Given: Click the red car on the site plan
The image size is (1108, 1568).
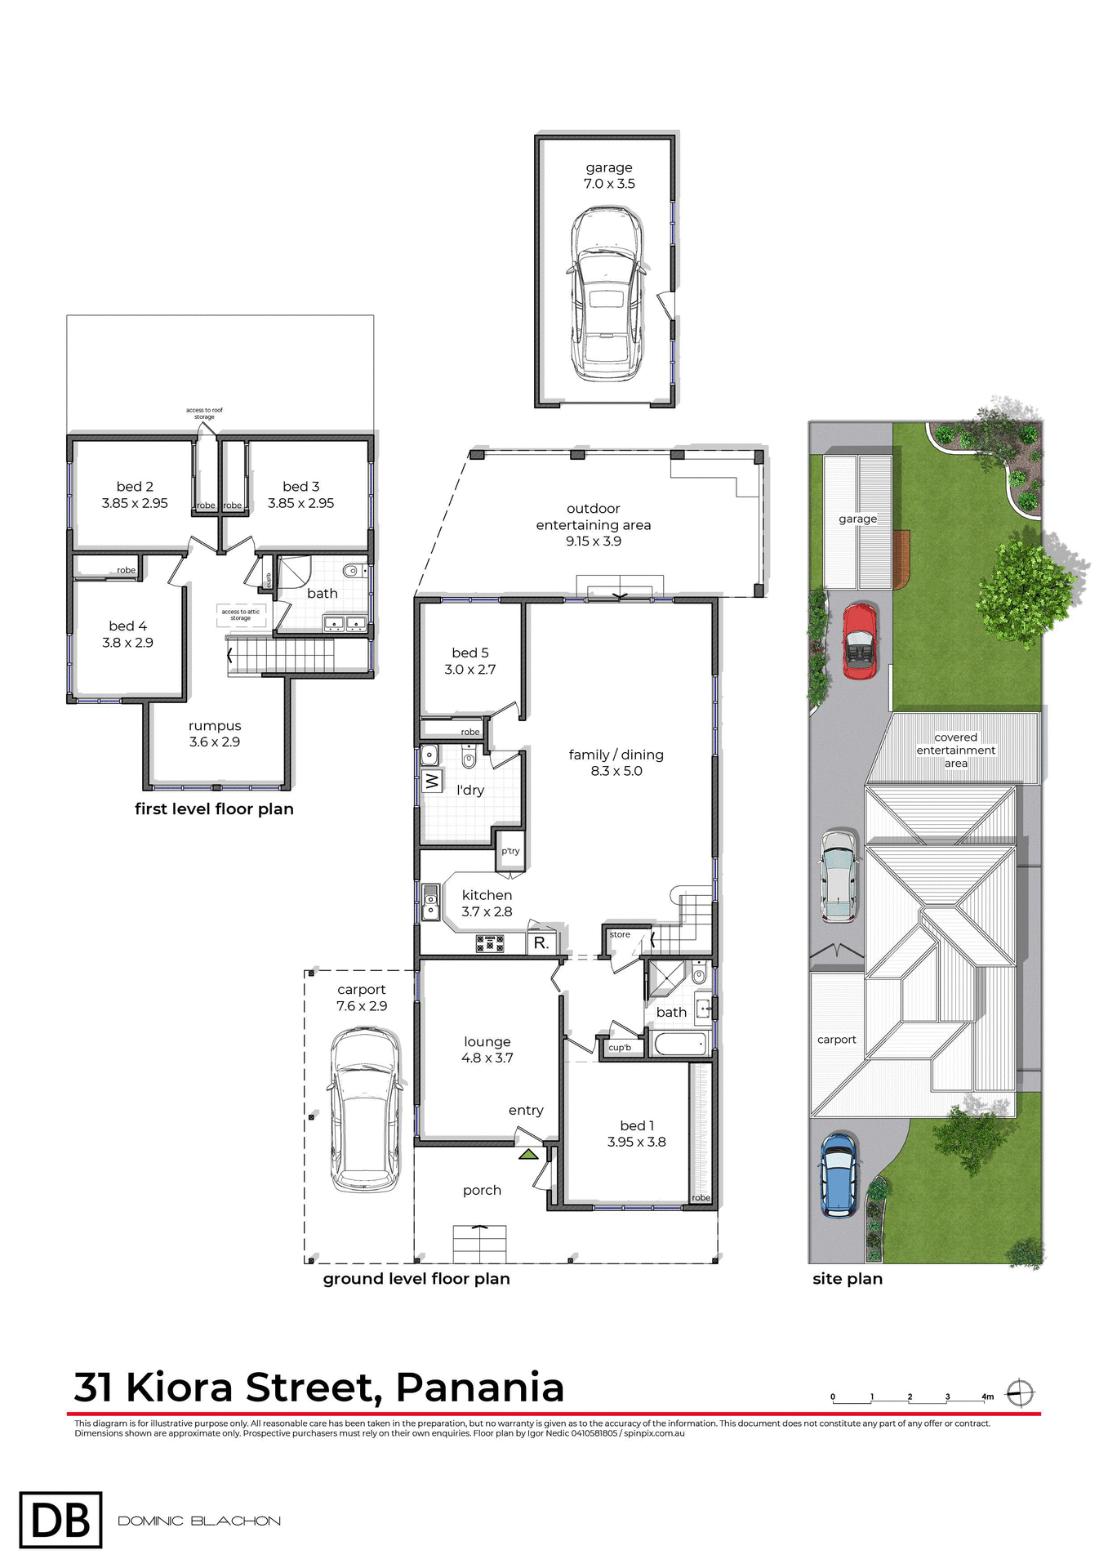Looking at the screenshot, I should click(859, 641).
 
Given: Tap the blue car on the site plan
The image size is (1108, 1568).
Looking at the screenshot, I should click(839, 1174).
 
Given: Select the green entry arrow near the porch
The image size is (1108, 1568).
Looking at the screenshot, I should click(528, 1154).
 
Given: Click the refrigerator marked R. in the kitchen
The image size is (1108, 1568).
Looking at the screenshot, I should click(541, 942).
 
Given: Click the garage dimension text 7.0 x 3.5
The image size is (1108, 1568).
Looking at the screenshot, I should click(609, 184).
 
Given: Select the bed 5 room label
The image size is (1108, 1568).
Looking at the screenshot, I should click(470, 653).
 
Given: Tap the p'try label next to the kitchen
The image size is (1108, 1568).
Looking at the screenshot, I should click(510, 851).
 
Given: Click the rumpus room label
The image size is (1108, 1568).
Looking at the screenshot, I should click(215, 725).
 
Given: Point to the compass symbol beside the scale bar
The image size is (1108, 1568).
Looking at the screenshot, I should click(1020, 1392).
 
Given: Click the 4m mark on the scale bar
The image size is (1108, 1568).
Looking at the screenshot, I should click(987, 1396).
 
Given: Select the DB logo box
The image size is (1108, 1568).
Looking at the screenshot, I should click(60, 1520).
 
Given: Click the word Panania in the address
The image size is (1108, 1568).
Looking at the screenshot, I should click(480, 1388).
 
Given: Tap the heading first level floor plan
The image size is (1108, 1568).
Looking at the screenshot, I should click(214, 808).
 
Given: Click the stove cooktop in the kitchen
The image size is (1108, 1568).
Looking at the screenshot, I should click(490, 943).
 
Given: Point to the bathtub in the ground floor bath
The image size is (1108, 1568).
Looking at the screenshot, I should click(680, 1044).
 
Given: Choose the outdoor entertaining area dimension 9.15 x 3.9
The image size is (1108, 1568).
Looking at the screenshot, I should click(594, 541).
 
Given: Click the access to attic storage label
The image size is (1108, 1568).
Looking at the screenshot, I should click(241, 614).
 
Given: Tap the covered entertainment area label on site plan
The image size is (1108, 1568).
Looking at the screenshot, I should click(955, 750).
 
